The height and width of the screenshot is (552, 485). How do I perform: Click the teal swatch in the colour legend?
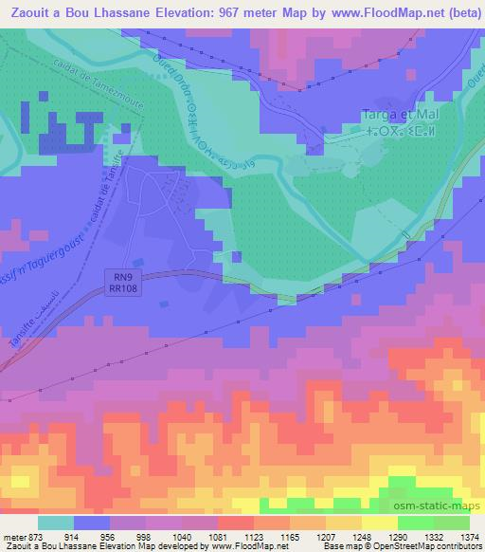pyautogui.click(x=56, y=522)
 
